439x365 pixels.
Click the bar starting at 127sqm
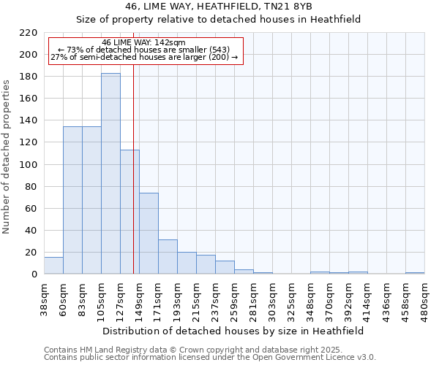130,212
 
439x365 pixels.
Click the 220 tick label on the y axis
29,33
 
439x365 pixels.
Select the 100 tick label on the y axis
29,164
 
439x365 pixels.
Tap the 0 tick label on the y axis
34,274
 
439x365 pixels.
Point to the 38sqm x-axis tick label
44,299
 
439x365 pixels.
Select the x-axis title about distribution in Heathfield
233,331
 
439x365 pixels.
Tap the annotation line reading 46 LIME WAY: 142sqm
144,42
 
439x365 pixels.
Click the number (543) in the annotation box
219,50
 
